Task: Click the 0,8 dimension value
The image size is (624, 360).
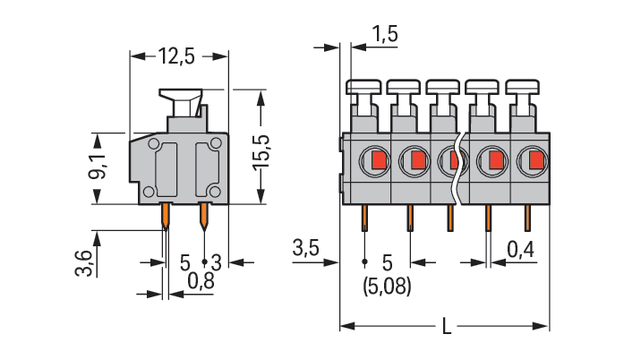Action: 201,282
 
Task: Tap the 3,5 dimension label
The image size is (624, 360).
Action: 307,248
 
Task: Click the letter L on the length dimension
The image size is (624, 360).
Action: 446,327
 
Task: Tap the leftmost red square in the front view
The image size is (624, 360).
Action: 377,161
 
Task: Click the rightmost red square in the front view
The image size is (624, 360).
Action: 536,161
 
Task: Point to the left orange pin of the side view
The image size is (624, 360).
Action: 167,216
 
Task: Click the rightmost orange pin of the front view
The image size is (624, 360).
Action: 528,217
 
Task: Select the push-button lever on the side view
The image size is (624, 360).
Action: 182,96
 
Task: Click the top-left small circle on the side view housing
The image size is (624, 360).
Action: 154,144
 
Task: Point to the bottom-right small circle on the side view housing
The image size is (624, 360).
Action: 215,193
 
